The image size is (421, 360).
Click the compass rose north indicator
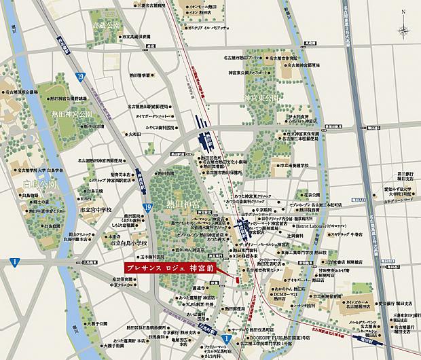click(405, 30)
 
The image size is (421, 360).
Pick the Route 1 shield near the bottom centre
click(225, 336)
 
